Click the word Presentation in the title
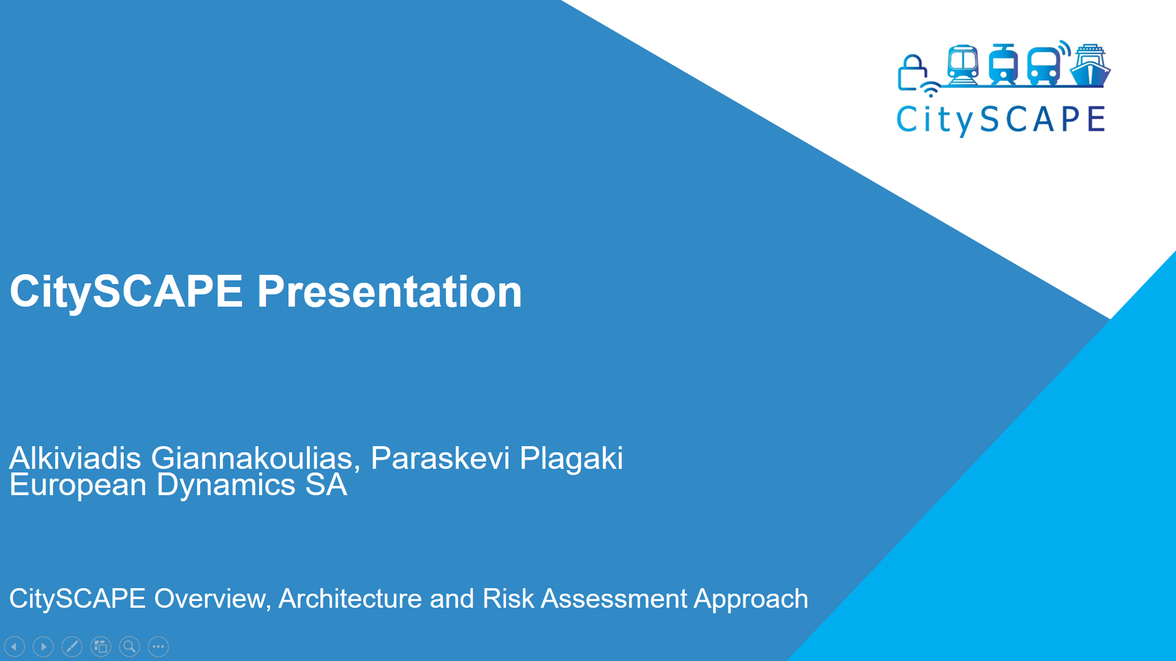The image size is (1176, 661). [390, 292]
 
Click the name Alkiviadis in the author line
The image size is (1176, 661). [75, 458]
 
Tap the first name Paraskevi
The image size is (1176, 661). [440, 458]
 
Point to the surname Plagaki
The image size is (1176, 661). [571, 459]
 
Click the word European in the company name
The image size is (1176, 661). [78, 486]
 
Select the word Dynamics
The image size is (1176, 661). [227, 485]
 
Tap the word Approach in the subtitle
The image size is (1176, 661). [751, 600]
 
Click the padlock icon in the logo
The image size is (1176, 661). [913, 73]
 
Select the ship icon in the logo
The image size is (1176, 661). [1090, 65]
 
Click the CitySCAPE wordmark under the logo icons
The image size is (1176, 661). [1001, 120]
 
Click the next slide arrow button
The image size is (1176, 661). [43, 646]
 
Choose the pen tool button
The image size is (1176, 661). [72, 646]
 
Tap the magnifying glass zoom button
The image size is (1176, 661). [129, 646]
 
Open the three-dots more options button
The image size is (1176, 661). [158, 646]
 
